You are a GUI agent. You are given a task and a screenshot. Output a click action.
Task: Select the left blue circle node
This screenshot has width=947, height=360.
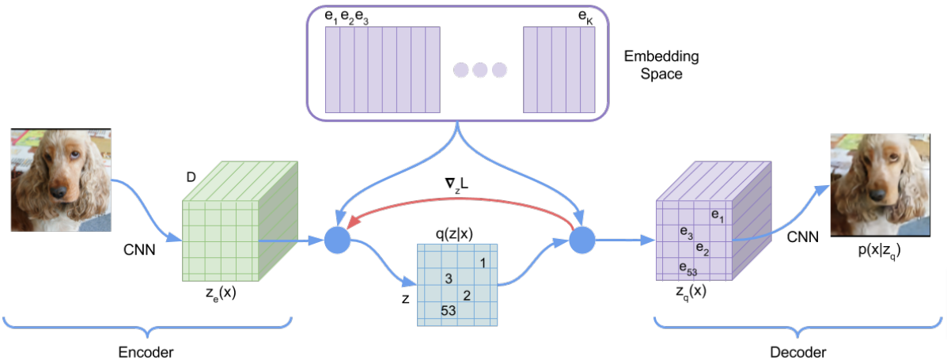[x=337, y=240]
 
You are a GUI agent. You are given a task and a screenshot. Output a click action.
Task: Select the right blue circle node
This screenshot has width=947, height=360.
[x=582, y=240]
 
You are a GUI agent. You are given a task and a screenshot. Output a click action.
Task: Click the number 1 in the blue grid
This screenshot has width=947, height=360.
[x=482, y=262]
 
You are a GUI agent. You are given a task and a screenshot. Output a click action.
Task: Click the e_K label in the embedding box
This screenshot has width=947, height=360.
[x=586, y=15]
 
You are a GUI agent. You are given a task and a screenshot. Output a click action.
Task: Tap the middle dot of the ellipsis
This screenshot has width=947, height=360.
[x=479, y=70]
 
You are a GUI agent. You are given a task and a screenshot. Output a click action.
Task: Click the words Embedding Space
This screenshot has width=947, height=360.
[x=653, y=66]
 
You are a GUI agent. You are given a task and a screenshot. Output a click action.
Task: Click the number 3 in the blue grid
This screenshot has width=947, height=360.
[x=449, y=279]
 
